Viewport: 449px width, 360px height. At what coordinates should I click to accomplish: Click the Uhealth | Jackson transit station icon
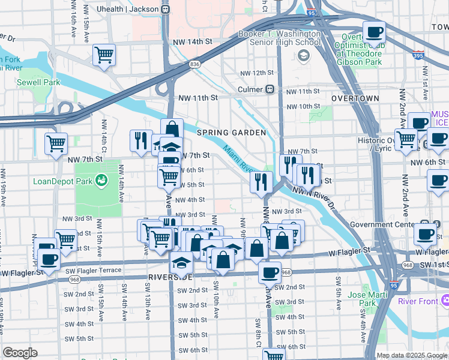[x=164, y=10]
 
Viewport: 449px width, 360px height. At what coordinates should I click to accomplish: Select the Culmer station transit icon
[x=270, y=89]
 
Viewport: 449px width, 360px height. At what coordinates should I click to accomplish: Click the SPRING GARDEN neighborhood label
[x=231, y=132]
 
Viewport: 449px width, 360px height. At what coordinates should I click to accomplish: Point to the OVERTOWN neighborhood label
[x=355, y=98]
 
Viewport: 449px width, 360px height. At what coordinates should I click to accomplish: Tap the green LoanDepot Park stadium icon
[x=101, y=179]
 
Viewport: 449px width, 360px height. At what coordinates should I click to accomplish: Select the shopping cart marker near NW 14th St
[x=104, y=55]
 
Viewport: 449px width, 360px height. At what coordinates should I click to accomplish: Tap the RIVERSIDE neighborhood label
[x=170, y=277]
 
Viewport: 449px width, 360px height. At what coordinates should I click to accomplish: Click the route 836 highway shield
[x=194, y=64]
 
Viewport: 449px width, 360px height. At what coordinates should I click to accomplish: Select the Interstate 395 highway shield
[x=418, y=55]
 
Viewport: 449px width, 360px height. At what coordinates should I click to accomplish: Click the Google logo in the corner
[x=20, y=353]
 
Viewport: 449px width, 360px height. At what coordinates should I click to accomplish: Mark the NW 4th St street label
[x=191, y=200]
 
